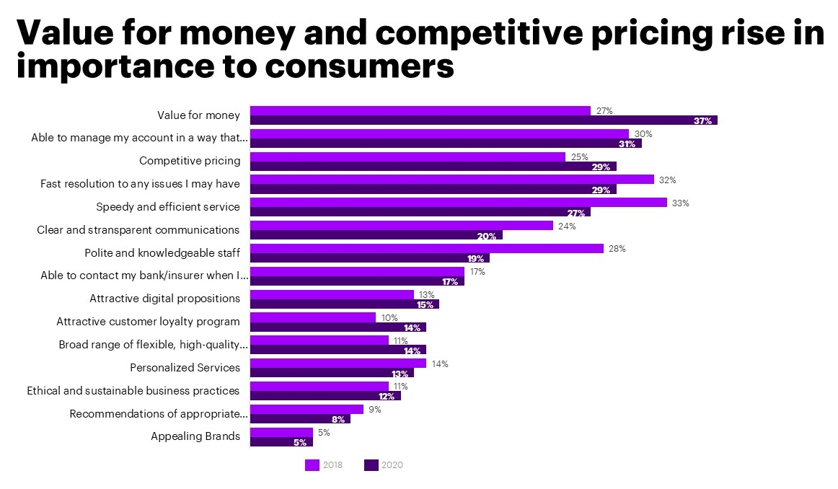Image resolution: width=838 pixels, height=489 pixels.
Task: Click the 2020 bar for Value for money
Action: [x=483, y=120]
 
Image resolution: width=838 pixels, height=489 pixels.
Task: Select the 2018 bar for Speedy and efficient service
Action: [x=458, y=203]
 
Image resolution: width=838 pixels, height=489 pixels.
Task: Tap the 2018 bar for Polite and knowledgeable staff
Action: [x=426, y=249]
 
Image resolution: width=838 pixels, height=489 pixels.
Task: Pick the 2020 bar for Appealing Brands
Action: [x=281, y=442]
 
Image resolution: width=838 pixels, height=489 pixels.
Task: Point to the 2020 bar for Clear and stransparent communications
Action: [x=376, y=235]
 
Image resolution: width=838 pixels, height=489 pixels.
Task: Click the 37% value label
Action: [x=702, y=120]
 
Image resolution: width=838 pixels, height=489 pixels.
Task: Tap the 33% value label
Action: [x=680, y=203]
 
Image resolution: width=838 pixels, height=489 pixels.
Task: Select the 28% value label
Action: [x=617, y=249]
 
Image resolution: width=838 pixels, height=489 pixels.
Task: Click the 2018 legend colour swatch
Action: [x=312, y=465]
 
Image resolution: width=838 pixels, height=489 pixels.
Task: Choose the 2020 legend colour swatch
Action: [x=371, y=465]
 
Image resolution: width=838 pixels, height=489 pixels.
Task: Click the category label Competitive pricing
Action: [x=190, y=160]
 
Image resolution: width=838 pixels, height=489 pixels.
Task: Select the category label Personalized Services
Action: [x=185, y=367]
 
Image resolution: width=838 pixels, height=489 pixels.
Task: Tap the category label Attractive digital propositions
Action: [x=164, y=298]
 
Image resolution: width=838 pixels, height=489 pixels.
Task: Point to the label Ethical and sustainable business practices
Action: [x=133, y=390]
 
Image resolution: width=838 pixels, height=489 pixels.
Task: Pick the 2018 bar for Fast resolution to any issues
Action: [x=451, y=180]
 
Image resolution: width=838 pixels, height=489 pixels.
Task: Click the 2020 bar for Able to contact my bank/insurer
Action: [x=357, y=281]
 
